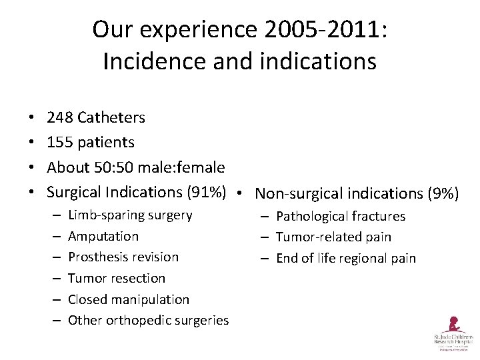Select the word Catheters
(x=111, y=118)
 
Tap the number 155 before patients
(x=60, y=142)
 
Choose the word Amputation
(x=103, y=236)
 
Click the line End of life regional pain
(x=345, y=258)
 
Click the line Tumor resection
(x=117, y=278)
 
